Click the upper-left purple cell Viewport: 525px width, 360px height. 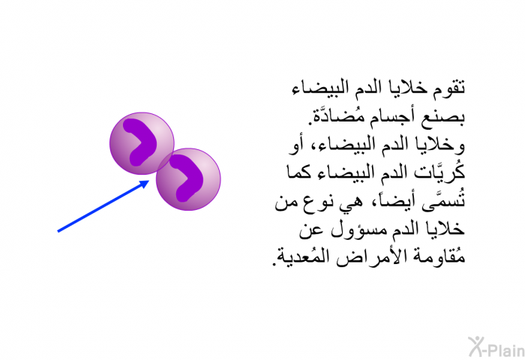(142, 143)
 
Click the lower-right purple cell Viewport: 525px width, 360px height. (188, 179)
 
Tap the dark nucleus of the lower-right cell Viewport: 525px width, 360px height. (187, 178)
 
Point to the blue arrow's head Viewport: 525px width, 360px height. (145, 184)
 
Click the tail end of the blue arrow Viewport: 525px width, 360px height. (58, 231)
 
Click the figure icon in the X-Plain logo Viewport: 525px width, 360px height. (475, 346)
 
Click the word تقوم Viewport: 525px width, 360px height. (448, 88)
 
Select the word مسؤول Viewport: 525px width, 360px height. (358, 229)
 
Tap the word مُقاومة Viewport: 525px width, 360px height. (438, 256)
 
